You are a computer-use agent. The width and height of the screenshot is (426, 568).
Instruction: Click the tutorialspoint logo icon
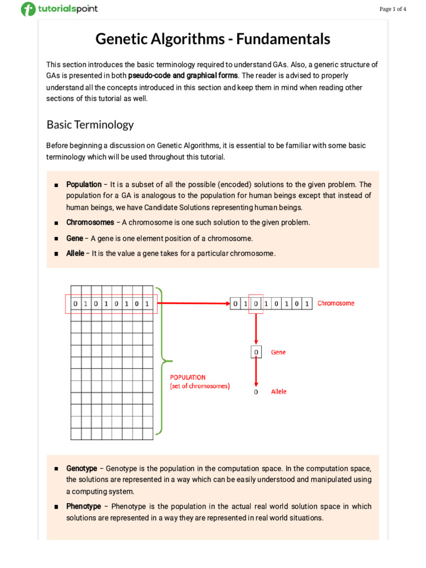[x=28, y=9]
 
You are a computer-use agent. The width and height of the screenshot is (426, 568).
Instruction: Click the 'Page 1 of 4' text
[x=393, y=9]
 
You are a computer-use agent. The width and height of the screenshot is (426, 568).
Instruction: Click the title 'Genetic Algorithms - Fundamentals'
[x=212, y=39]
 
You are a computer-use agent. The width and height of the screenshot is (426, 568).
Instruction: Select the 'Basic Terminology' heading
[x=90, y=124]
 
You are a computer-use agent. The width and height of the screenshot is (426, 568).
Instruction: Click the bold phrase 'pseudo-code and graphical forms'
[x=183, y=75]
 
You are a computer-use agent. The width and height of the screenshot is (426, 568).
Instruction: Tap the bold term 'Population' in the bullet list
[x=84, y=184]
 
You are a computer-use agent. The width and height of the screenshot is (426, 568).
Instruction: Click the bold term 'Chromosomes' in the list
[x=90, y=222]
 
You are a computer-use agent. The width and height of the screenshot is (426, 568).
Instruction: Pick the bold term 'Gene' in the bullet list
[x=74, y=238]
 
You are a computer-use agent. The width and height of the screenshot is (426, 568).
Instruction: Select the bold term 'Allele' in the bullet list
[x=75, y=253]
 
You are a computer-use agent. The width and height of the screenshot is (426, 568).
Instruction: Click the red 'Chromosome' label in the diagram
[x=336, y=303]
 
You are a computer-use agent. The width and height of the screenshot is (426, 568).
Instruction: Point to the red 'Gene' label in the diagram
[x=278, y=352]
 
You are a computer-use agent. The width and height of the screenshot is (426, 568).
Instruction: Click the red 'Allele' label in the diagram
[x=278, y=392]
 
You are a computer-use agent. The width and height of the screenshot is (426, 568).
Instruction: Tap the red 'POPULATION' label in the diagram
[x=187, y=377]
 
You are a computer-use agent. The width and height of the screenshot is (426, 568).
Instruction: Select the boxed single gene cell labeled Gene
[x=256, y=352]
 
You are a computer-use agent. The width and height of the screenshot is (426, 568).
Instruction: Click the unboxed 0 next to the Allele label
[x=256, y=392]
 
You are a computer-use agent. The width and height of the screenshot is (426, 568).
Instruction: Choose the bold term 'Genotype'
[x=82, y=468]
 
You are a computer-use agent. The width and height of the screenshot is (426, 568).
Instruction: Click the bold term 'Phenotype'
[x=83, y=506]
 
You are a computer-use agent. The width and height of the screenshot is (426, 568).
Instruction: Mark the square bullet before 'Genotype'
[x=56, y=469]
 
